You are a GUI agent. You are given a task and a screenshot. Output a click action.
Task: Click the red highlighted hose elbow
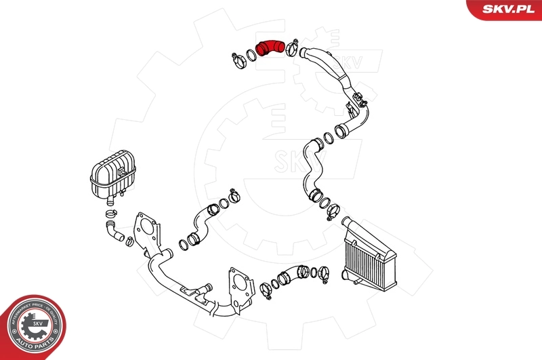270,49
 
